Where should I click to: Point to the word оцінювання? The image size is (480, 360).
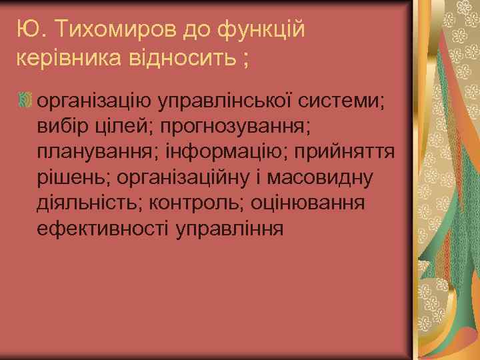tap(309, 203)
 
